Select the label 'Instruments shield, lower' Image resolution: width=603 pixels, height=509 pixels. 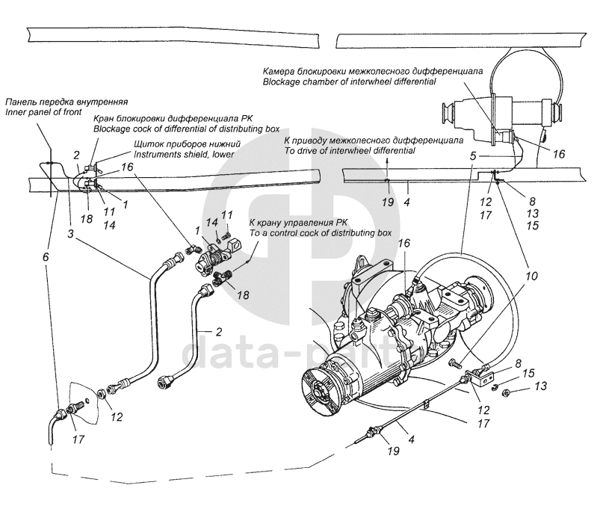pyautogui.click(x=183, y=155)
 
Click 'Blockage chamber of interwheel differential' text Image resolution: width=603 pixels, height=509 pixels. pyautogui.click(x=348, y=81)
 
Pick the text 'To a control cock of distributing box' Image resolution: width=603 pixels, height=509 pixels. pyautogui.click(x=321, y=233)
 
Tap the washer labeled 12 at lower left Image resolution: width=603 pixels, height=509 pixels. pyautogui.click(x=101, y=392)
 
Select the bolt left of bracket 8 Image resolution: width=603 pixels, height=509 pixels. pyautogui.click(x=454, y=363)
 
